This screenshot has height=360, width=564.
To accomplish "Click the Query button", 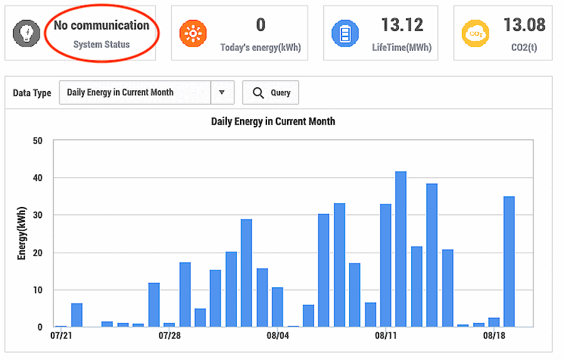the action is (x=271, y=93).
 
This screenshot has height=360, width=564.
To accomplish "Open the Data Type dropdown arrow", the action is (x=222, y=93).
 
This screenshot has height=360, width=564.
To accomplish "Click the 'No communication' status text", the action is (x=102, y=26).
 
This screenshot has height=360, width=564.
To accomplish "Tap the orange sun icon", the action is (x=193, y=33).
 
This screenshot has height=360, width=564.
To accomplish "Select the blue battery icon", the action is (x=345, y=33).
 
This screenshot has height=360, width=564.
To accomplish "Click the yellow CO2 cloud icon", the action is (x=476, y=33).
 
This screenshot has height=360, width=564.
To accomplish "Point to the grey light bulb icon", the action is (x=26, y=33).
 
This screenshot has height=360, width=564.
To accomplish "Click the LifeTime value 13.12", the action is (x=402, y=25).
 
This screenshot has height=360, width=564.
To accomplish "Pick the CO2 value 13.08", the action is (x=524, y=25).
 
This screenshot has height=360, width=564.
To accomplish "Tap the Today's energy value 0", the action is (x=261, y=25).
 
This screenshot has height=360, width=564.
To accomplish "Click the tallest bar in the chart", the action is (x=400, y=249).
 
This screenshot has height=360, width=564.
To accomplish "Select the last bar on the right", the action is (x=509, y=262).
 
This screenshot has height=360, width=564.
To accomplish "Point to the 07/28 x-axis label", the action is (x=169, y=336).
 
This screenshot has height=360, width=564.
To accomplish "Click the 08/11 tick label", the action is (x=385, y=336).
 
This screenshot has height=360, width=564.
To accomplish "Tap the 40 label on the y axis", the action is (x=38, y=178).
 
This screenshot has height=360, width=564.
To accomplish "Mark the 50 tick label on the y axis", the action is (x=38, y=140).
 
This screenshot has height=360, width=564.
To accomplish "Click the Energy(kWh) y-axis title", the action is (x=22, y=233).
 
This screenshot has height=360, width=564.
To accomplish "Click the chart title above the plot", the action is (x=273, y=122).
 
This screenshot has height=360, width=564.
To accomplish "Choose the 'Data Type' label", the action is (x=32, y=93).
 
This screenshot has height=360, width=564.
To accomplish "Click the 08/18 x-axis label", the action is (x=494, y=336).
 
